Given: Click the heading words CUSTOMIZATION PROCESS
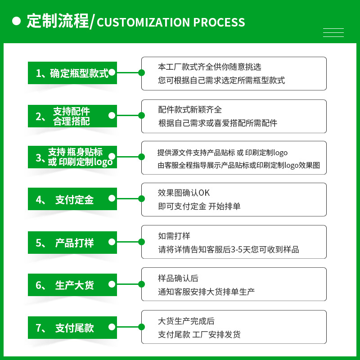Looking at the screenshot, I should [x=171, y=22].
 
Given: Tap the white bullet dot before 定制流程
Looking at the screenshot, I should [x=17, y=21].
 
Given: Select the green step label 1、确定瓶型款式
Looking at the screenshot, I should [x=72, y=73].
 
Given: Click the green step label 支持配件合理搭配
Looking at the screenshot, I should [x=72, y=116].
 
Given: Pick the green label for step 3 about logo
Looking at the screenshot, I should [x=72, y=157].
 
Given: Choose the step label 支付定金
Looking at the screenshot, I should [x=72, y=199].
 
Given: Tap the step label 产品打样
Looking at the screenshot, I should [x=72, y=243].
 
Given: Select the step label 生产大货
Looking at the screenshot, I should [x=72, y=285].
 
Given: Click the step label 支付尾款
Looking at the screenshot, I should [x=72, y=328].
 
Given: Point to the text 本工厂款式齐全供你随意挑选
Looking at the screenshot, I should [x=210, y=67].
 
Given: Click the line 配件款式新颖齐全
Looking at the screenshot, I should [x=190, y=110].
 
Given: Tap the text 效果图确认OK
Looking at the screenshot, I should [x=184, y=193].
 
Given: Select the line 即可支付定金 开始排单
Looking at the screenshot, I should [x=199, y=207].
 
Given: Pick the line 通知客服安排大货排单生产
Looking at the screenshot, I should [x=206, y=292].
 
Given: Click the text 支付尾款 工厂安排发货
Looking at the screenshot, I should [x=199, y=334].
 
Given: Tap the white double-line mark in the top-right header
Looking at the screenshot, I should [x=333, y=32].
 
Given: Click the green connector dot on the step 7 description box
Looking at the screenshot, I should [x=142, y=327].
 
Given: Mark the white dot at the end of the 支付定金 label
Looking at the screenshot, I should [x=112, y=199].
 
